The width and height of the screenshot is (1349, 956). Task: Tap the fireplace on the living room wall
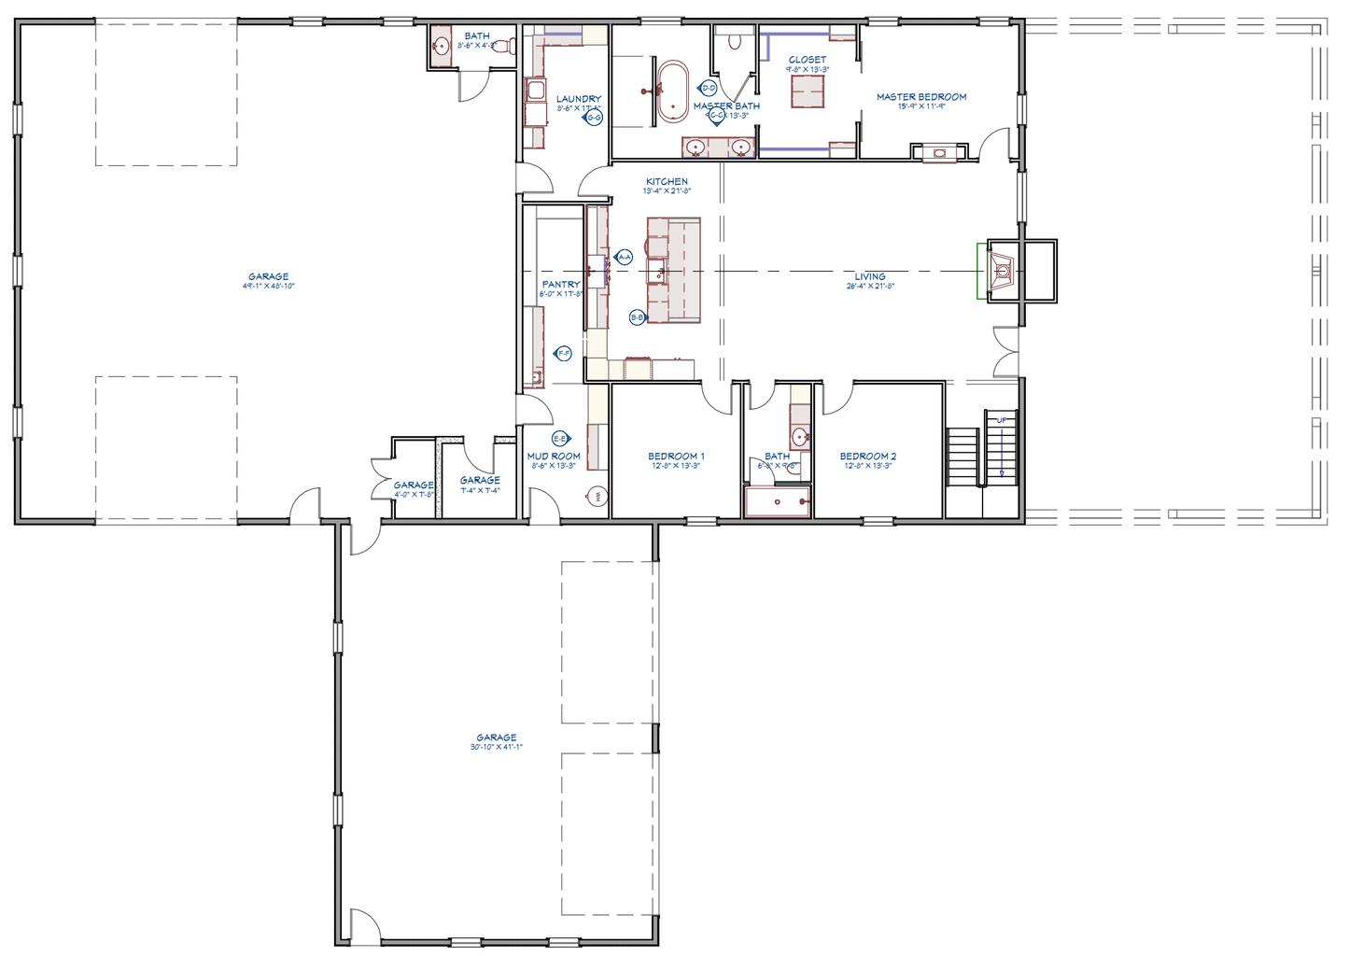pyautogui.click(x=1002, y=272)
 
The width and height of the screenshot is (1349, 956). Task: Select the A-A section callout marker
pyautogui.click(x=625, y=257)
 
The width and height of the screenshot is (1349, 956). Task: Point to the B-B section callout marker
pyautogui.click(x=637, y=317)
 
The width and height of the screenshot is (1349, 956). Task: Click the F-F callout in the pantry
pyautogui.click(x=563, y=353)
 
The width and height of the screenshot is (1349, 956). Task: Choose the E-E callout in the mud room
pyautogui.click(x=560, y=438)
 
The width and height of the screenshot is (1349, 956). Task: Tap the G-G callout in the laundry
pyautogui.click(x=594, y=118)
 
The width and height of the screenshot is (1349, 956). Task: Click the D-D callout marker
pyautogui.click(x=708, y=88)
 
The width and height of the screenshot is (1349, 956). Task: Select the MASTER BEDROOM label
pyautogui.click(x=920, y=96)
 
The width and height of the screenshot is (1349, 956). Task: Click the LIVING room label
pyautogui.click(x=869, y=276)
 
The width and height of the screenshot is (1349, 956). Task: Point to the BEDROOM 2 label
pyautogui.click(x=867, y=457)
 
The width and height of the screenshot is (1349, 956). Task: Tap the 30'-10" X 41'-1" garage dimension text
pyautogui.click(x=496, y=747)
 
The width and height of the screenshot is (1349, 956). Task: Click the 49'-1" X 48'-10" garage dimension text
pyautogui.click(x=268, y=286)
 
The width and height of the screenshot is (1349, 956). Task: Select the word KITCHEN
pyautogui.click(x=667, y=181)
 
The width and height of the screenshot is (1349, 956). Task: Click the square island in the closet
pyautogui.click(x=808, y=91)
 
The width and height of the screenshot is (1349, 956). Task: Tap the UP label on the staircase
pyautogui.click(x=1002, y=420)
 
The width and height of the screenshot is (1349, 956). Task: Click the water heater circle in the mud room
pyautogui.click(x=597, y=497)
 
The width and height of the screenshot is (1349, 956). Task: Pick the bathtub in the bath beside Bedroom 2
pyautogui.click(x=777, y=502)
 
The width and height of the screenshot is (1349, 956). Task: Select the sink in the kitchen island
pyautogui.click(x=657, y=273)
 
